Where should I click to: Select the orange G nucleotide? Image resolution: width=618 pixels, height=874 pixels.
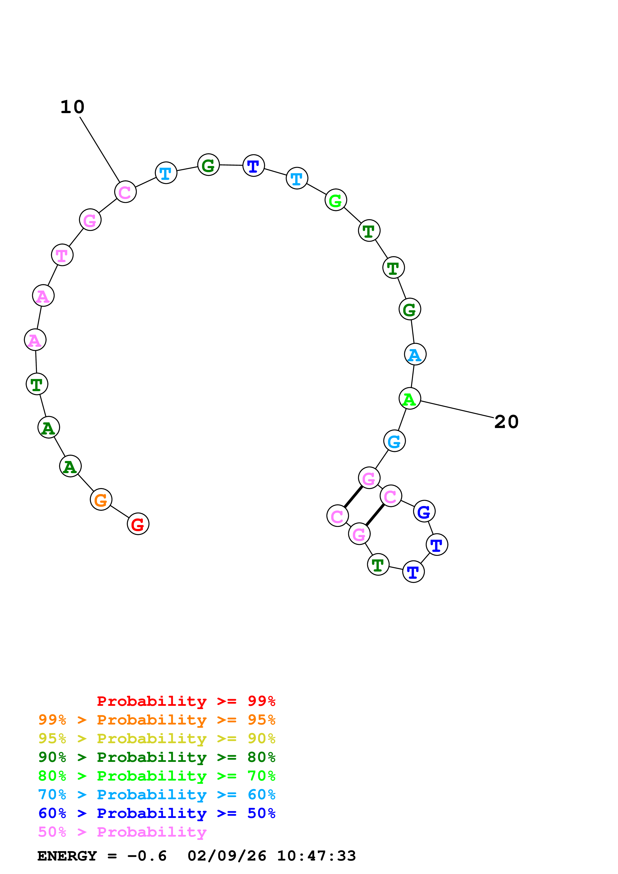[101, 500]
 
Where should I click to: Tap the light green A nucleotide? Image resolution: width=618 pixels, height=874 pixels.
[410, 399]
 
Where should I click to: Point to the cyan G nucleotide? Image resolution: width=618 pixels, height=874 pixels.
[394, 441]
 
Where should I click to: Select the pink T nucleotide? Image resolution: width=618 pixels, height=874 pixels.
[62, 255]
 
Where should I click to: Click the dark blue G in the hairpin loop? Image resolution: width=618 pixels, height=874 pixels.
[424, 511]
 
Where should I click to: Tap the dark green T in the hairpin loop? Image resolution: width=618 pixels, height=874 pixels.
[378, 565]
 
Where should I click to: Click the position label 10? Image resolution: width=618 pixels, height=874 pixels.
[72, 107]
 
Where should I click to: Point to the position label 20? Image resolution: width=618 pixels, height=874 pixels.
[506, 422]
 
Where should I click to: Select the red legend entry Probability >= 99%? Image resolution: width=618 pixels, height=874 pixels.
[186, 701]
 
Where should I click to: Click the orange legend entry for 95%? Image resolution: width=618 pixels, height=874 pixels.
[157, 720]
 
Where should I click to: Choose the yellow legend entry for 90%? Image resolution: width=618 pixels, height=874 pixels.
[157, 738]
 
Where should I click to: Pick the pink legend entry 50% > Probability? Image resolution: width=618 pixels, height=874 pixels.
[122, 832]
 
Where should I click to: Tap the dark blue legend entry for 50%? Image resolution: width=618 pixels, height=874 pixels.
[157, 813]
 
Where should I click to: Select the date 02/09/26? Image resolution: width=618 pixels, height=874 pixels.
[227, 856]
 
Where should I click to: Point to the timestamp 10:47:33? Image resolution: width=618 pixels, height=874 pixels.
[316, 856]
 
